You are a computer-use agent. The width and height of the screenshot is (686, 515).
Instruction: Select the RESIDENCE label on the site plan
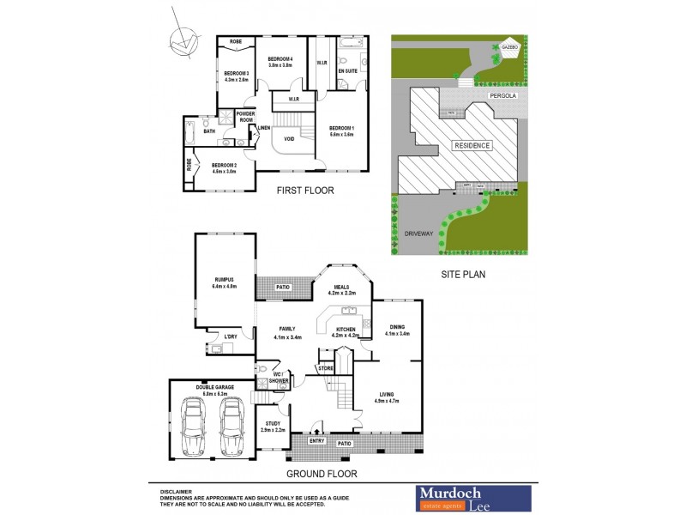pos(471,145)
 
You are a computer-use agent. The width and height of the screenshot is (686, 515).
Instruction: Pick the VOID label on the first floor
pos(290,139)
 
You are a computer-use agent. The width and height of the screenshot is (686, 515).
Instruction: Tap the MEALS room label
pos(341,289)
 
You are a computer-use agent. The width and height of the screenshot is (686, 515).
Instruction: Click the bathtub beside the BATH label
pos(190,132)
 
